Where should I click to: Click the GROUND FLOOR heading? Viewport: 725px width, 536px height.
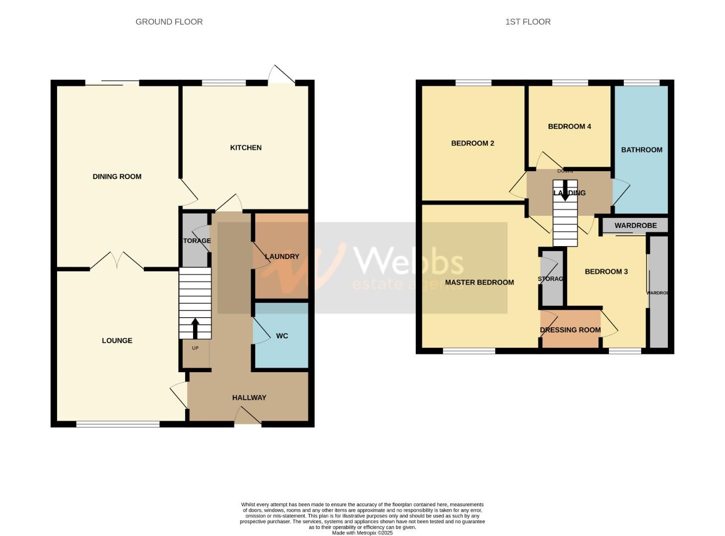click(x=169, y=22)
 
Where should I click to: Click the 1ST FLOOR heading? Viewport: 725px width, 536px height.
click(x=527, y=22)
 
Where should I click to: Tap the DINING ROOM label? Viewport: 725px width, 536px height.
click(x=117, y=177)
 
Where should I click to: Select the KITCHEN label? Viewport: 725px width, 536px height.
click(x=246, y=148)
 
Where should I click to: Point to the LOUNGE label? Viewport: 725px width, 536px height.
click(x=117, y=340)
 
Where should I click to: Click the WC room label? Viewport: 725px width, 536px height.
click(x=282, y=336)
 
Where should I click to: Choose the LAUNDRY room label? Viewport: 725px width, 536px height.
click(x=282, y=257)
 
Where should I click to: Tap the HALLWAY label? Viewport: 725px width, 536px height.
click(x=249, y=398)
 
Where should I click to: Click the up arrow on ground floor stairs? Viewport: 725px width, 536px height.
click(x=195, y=328)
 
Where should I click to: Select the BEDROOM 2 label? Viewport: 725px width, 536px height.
click(x=472, y=143)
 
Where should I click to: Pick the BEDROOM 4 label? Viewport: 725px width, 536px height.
click(x=569, y=127)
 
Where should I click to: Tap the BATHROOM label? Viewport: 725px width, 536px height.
click(x=642, y=150)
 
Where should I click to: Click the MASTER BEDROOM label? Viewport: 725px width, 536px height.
click(x=479, y=282)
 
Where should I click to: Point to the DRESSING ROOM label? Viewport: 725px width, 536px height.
click(x=570, y=330)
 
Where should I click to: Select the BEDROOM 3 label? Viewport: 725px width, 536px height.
click(x=606, y=271)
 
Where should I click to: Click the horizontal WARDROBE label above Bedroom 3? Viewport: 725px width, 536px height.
click(x=635, y=225)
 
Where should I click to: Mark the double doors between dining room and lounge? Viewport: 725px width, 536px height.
click(x=117, y=261)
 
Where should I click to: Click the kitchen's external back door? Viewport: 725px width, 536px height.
click(x=281, y=75)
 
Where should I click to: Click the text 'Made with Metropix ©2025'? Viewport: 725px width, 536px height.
click(x=362, y=533)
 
